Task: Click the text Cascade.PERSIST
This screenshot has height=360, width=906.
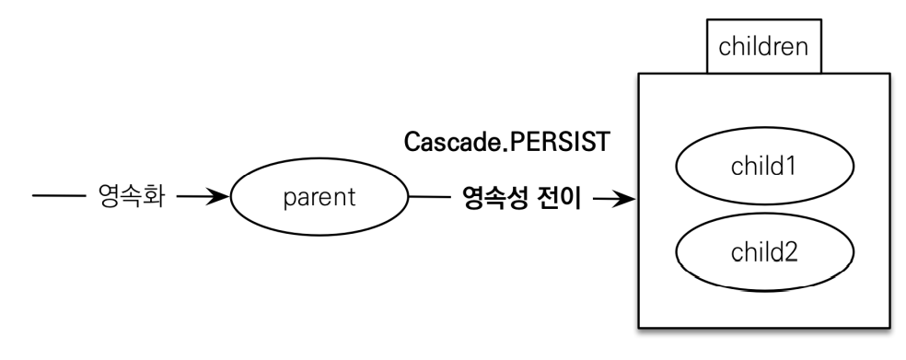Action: click(x=508, y=145)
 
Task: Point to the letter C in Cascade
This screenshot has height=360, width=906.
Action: click(x=412, y=145)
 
